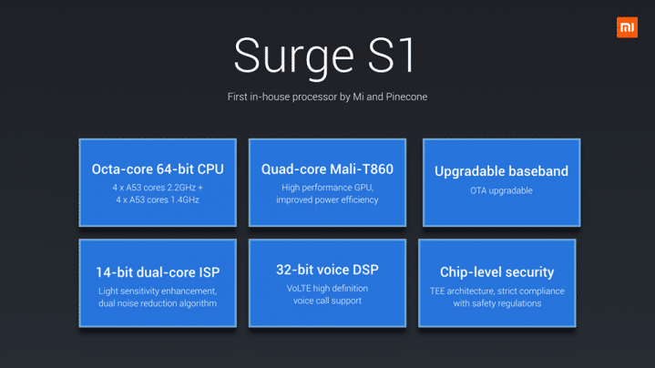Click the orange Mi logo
tap(627, 27)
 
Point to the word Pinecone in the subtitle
tap(405, 96)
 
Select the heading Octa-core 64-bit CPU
tap(158, 169)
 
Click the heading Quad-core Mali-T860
tap(326, 169)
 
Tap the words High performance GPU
tap(327, 188)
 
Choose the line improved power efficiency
tap(327, 199)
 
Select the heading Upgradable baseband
tap(501, 171)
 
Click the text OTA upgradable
tap(501, 190)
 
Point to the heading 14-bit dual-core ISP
tap(158, 272)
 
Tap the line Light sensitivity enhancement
tap(158, 291)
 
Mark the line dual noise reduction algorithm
tap(158, 303)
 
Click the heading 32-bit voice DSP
tap(327, 270)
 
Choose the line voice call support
tap(327, 300)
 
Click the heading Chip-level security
tap(496, 272)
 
